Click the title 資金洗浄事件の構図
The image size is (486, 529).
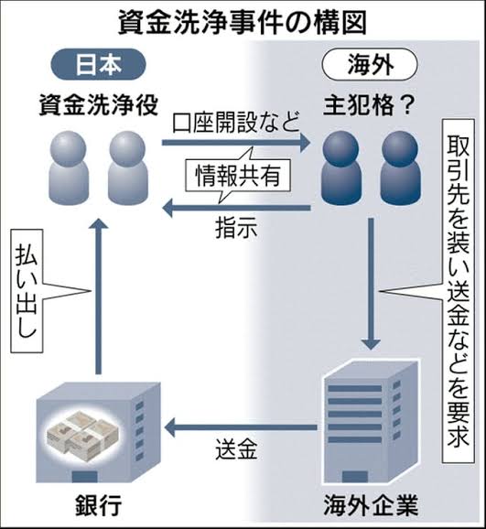[x=243, y=23]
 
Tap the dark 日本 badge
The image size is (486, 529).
[x=98, y=64]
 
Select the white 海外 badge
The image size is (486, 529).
[x=371, y=64]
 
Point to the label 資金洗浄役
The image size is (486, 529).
[x=98, y=105]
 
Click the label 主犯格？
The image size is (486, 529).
[x=369, y=105]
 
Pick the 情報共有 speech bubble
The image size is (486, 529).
[x=238, y=175]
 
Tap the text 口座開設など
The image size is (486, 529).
[x=236, y=122]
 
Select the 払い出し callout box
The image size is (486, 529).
[x=27, y=291]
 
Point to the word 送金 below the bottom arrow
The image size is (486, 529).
[x=236, y=448]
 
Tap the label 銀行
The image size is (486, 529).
[x=98, y=505]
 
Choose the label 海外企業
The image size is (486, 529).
[x=371, y=505]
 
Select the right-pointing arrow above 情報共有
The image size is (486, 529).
[x=236, y=143]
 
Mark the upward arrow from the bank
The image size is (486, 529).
[x=98, y=297]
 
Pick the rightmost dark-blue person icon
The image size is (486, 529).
[x=401, y=167]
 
